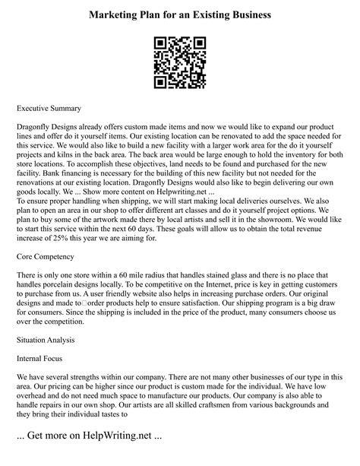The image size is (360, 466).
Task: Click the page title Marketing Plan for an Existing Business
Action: (x=179, y=14)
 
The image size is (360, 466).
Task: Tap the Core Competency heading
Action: (x=50, y=257)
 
